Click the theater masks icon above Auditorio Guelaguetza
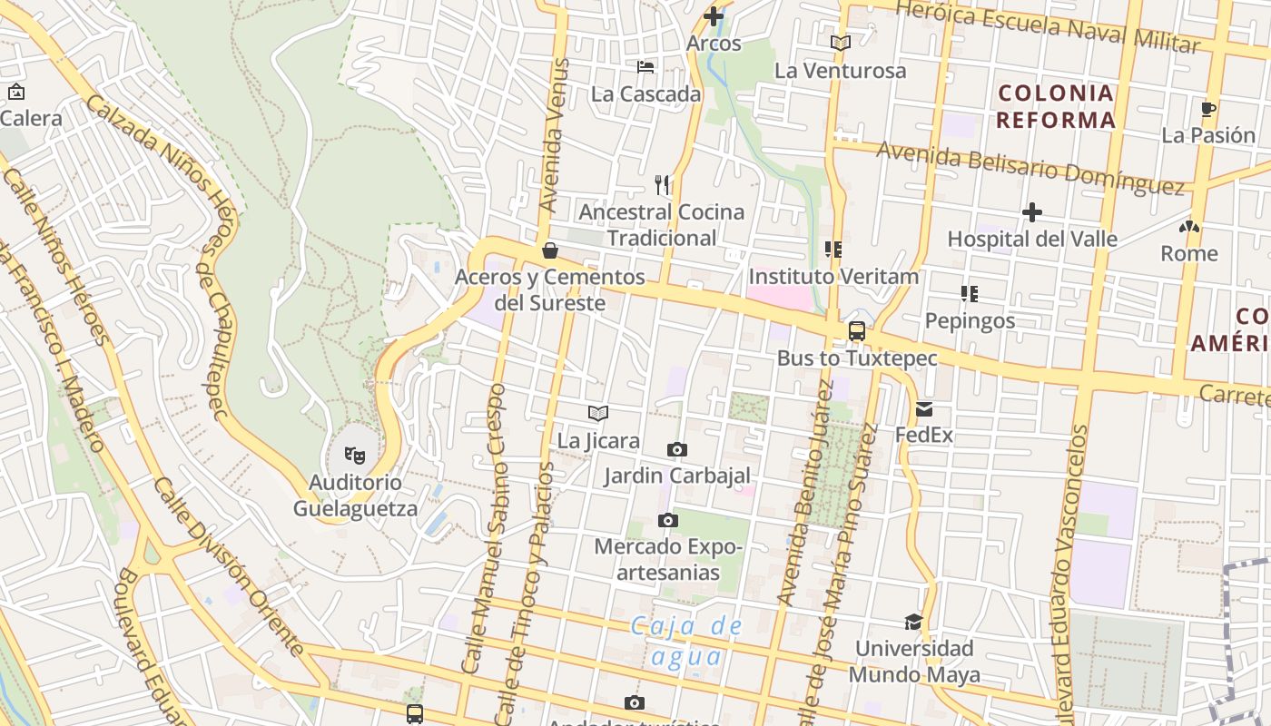point(354,453)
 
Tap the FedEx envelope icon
point(924,409)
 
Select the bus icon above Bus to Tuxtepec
point(856,331)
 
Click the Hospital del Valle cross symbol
point(1031,213)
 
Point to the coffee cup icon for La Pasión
point(1207,110)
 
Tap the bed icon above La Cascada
point(645,67)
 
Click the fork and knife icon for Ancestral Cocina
point(662,185)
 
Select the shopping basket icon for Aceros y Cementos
point(549,250)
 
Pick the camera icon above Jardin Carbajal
point(676,449)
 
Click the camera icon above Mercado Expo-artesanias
point(668,520)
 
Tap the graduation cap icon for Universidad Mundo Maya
point(913,622)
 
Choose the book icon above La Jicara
point(597,414)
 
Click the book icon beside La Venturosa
point(840,43)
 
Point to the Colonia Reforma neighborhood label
point(1055,106)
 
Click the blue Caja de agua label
point(686,641)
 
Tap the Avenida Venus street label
point(556,136)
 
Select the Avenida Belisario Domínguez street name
point(1030,169)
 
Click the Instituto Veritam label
point(833,276)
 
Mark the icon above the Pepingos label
point(969,294)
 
